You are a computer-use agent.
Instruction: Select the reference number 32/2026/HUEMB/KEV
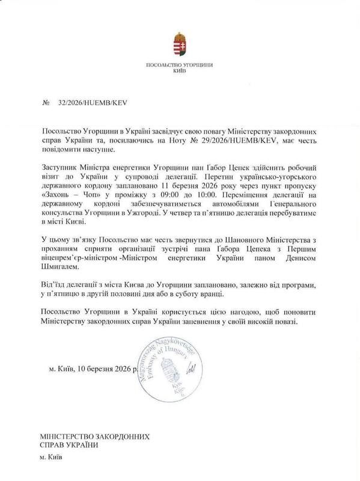tap(93, 102)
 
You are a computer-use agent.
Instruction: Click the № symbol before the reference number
tap(44, 102)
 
